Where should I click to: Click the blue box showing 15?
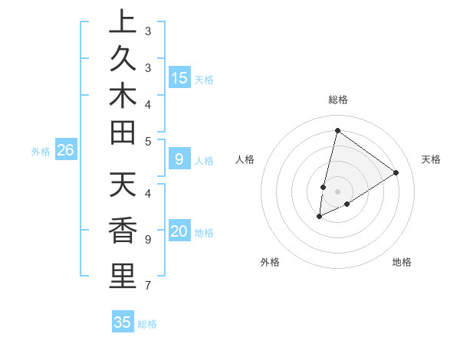point(179,77)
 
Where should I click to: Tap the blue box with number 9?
point(179,159)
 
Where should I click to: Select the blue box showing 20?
point(179,231)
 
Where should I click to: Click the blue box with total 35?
point(123,322)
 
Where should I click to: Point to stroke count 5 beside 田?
point(148,140)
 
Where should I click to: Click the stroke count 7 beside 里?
point(148,286)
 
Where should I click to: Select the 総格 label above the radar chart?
point(337,100)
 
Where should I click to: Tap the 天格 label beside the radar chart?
point(431,159)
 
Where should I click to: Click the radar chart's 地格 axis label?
point(402,262)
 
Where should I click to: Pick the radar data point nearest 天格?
point(396,172)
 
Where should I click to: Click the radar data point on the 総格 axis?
point(337,130)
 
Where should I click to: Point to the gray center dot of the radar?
point(337,191)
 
